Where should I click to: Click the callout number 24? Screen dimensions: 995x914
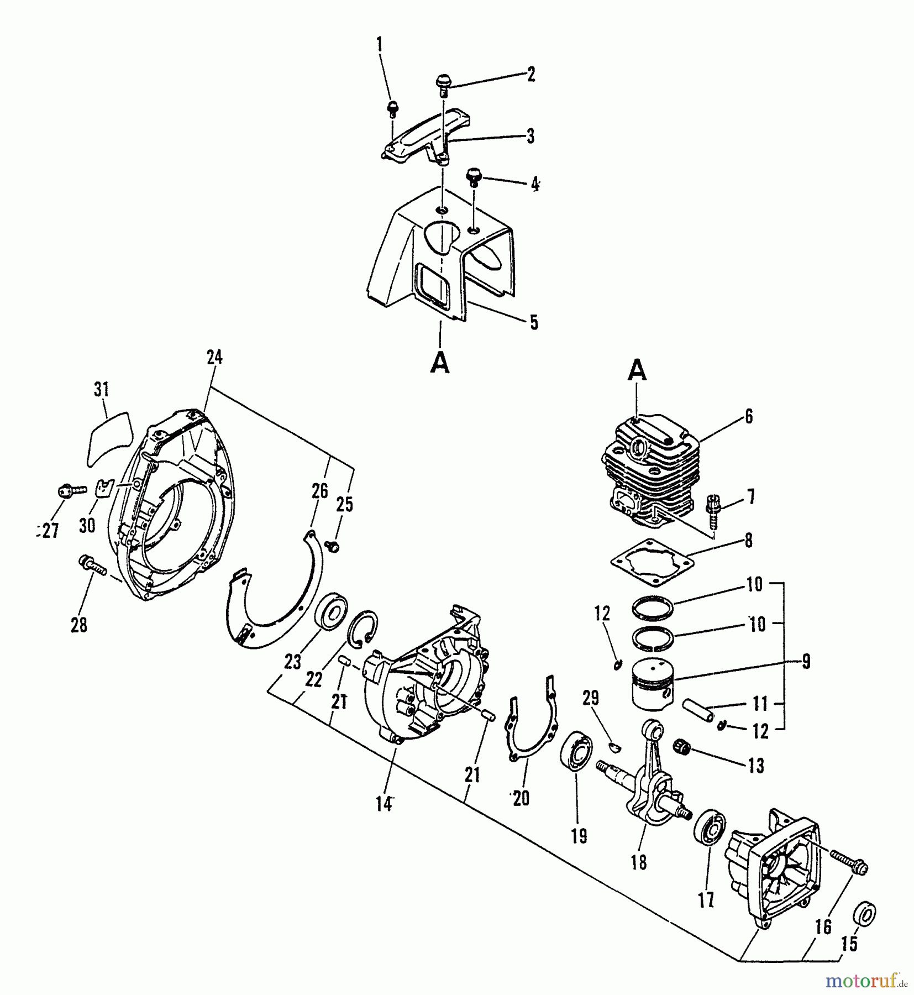pyautogui.click(x=214, y=358)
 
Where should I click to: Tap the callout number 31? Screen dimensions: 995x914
pyautogui.click(x=101, y=390)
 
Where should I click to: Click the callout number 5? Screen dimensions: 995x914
pyautogui.click(x=533, y=322)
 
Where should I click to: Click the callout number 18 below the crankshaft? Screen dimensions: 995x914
pyautogui.click(x=638, y=862)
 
